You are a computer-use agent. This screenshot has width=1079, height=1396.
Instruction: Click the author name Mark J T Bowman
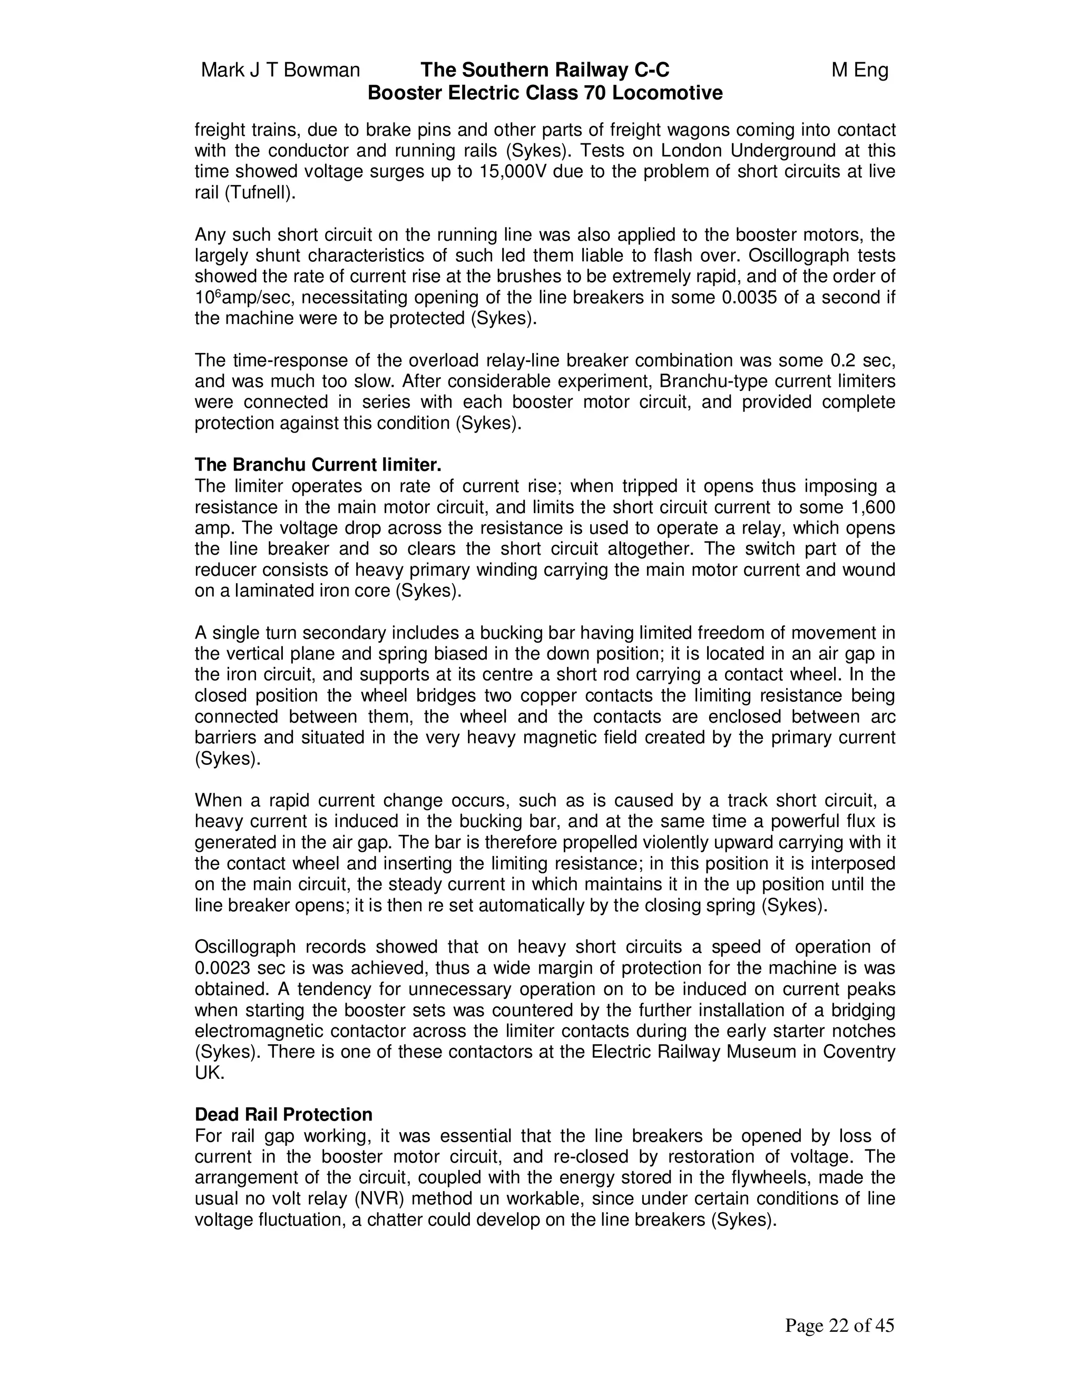pyautogui.click(x=281, y=70)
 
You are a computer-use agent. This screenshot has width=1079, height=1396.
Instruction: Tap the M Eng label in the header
pyautogui.click(x=860, y=70)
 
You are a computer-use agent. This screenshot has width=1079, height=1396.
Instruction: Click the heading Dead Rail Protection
pyautogui.click(x=283, y=1115)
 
